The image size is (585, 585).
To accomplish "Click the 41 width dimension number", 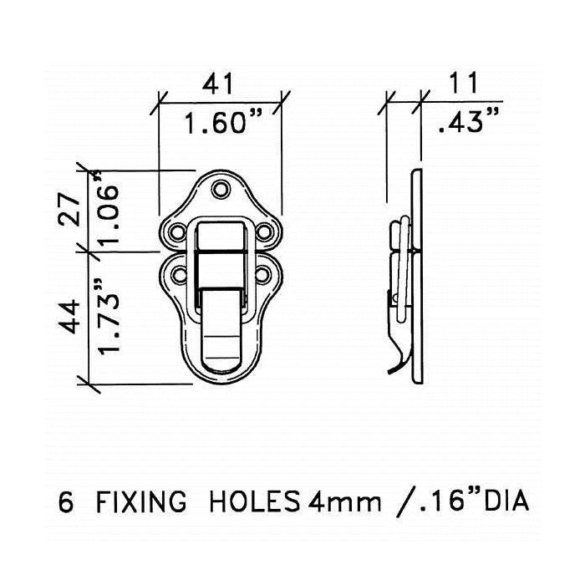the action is pos(217,84).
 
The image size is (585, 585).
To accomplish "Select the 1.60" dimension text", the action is pos(223,122).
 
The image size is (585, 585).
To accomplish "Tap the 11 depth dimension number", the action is pos(463,83).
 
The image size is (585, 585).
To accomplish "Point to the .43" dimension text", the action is pos(468,121).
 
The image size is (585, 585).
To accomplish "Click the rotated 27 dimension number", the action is pos(69,209).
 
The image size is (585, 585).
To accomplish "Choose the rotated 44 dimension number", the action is pos(69,317).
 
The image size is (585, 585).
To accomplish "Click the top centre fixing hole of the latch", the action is pos(221,189).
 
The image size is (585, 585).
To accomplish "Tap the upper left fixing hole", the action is pos(177,232).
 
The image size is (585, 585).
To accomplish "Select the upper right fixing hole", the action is pos(264,232).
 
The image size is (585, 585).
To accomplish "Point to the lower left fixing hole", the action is pos(179,275).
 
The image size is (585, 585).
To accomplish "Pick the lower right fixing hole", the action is pos(262,275).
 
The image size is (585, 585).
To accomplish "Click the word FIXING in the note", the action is pos(141,501).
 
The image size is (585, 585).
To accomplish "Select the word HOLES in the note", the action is pos(255,501).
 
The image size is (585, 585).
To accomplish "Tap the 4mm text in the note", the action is pos(344,502).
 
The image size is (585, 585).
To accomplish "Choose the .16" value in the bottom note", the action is pos(446,501).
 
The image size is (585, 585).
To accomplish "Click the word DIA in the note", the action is pos(506,501).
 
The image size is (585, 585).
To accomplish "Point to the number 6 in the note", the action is pos(66,501).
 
